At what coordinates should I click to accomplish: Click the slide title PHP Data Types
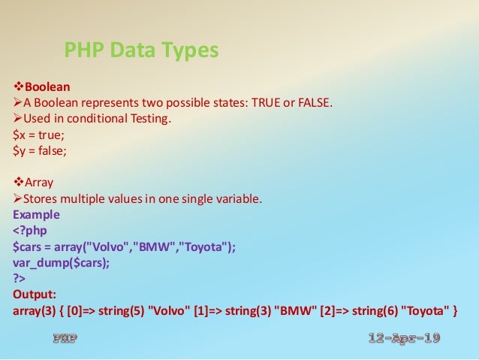tap(141, 50)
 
